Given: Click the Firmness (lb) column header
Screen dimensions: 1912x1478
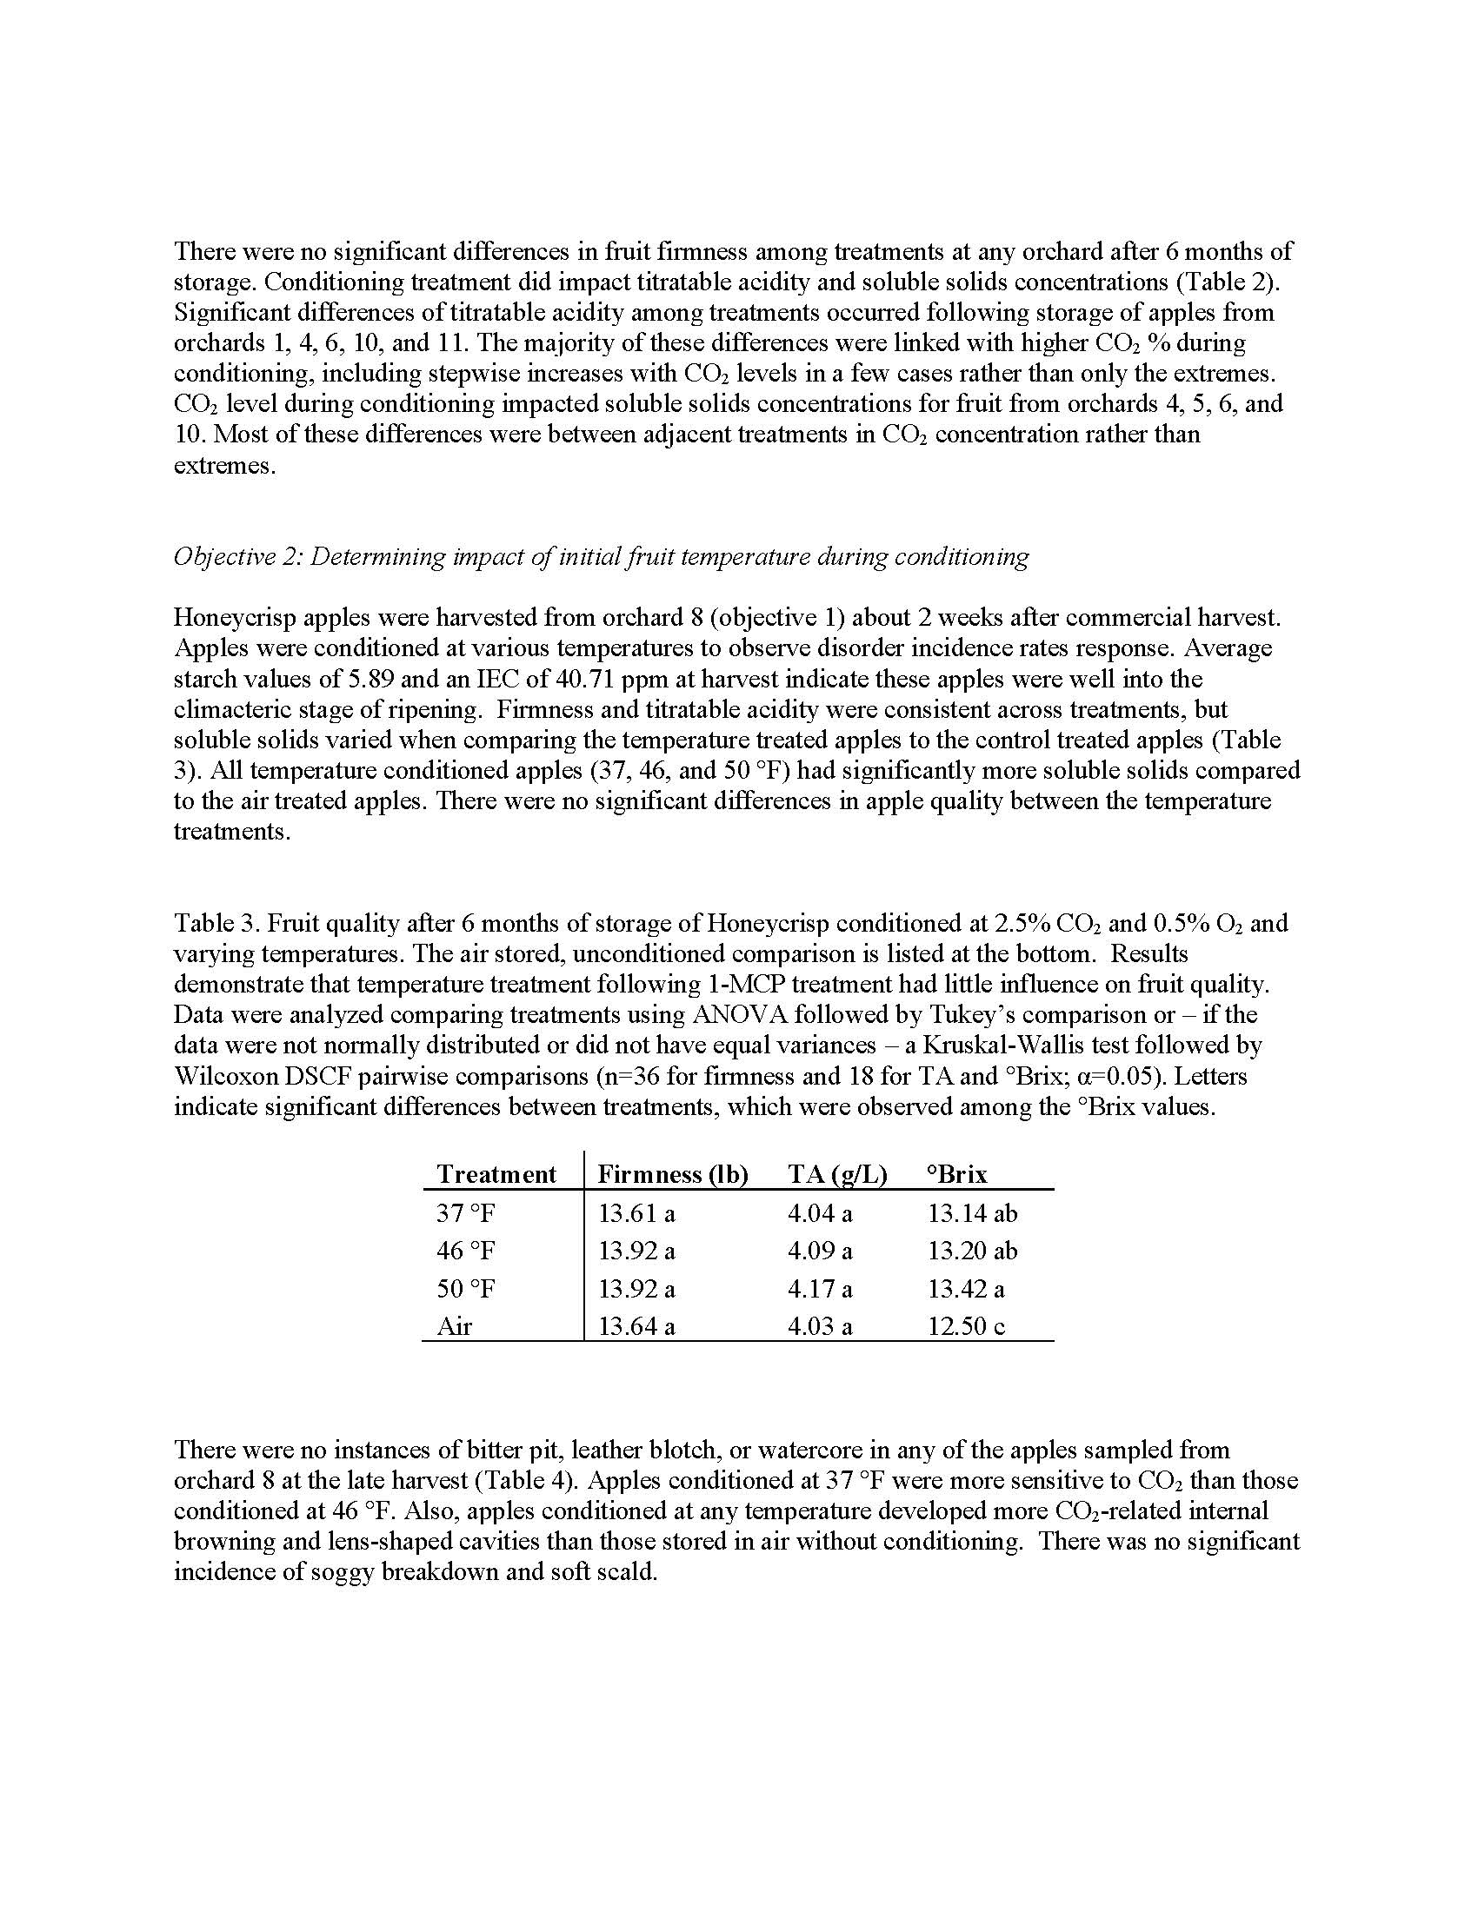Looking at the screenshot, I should [672, 1174].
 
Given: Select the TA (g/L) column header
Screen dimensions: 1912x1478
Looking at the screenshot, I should [837, 1174].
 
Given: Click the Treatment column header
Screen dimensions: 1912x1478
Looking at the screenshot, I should [496, 1174].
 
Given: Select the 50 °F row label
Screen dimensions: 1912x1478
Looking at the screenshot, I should [466, 1289].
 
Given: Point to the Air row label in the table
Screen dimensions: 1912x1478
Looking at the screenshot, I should [455, 1326].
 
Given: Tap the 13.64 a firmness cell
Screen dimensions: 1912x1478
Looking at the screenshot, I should [636, 1326].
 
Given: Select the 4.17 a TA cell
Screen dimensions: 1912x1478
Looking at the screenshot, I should [820, 1289].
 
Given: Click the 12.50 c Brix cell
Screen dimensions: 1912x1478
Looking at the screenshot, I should [966, 1326].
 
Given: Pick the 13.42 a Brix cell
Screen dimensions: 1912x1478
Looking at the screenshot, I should [966, 1289].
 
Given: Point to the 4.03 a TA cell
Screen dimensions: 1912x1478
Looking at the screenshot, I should [820, 1326].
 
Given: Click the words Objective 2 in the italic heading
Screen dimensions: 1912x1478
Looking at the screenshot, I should [233, 557].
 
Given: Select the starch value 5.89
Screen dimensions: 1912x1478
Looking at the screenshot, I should [394, 679].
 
